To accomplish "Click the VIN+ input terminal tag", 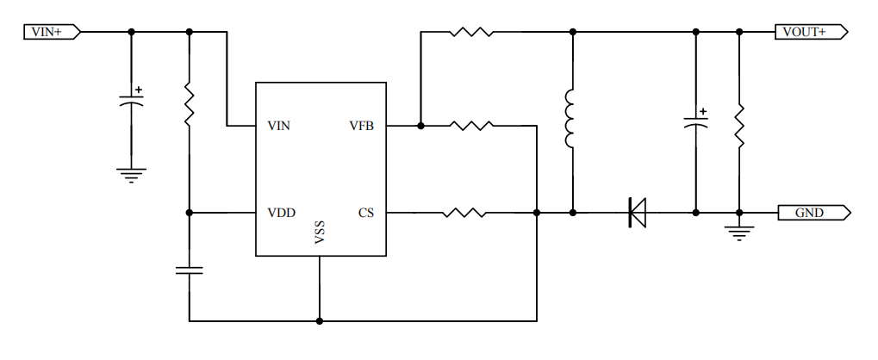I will click(x=51, y=32).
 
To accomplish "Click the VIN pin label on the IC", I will click(x=278, y=127).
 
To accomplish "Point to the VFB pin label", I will click(x=361, y=127).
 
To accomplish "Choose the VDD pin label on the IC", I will click(x=279, y=213).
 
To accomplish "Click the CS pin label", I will click(x=365, y=213).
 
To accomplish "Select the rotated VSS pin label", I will click(x=320, y=235).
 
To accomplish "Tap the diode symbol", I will click(x=638, y=212).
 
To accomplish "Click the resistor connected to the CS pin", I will click(x=463, y=212).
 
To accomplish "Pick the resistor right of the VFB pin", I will click(x=471, y=126).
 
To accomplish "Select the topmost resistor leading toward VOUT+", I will click(x=470, y=33).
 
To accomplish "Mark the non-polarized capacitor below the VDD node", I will click(x=189, y=270).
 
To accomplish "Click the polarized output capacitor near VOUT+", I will click(x=696, y=121).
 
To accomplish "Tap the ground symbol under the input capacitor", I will click(x=131, y=175).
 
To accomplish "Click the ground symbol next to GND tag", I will click(x=738, y=231).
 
